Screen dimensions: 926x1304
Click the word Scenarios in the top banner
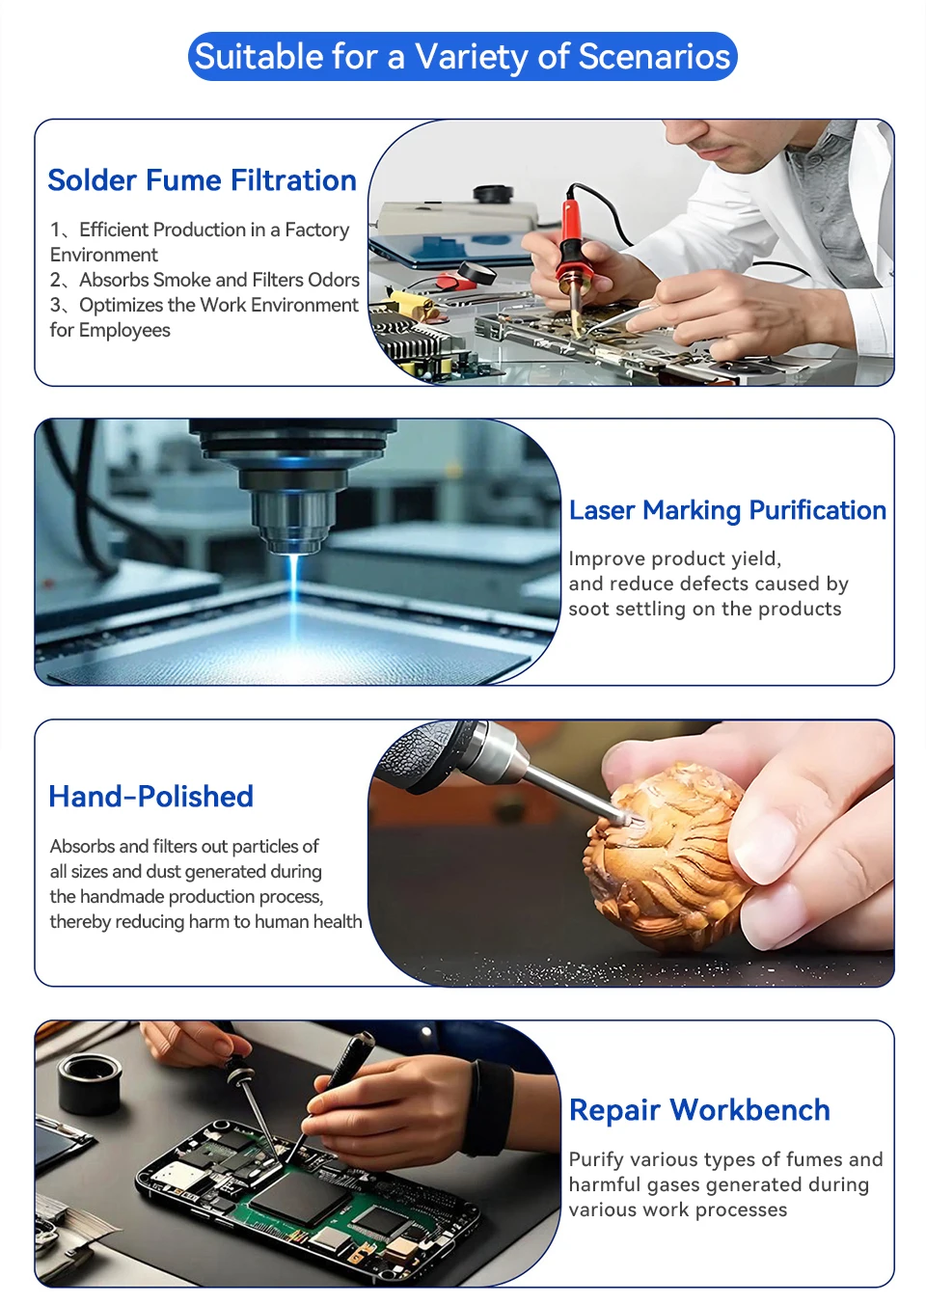click(x=654, y=57)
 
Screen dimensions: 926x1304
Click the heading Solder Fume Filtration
click(x=202, y=180)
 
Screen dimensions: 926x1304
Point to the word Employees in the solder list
click(x=124, y=331)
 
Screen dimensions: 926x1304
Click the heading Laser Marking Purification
click(x=727, y=510)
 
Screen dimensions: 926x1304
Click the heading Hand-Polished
click(x=150, y=797)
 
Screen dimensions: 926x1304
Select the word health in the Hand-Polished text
click(x=338, y=921)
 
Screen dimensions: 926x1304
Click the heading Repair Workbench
click(x=699, y=1109)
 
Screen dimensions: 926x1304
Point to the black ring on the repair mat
click(x=89, y=1083)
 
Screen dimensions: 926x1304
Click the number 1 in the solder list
click(x=55, y=230)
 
